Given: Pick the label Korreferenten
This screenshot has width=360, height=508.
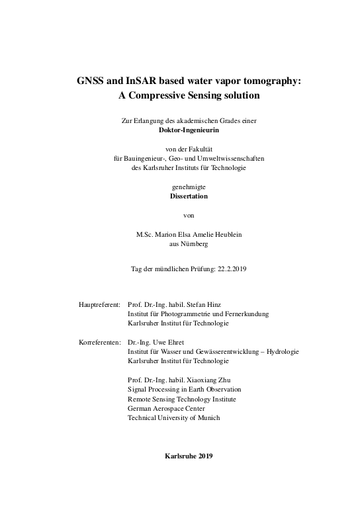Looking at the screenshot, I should pos(99,342).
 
